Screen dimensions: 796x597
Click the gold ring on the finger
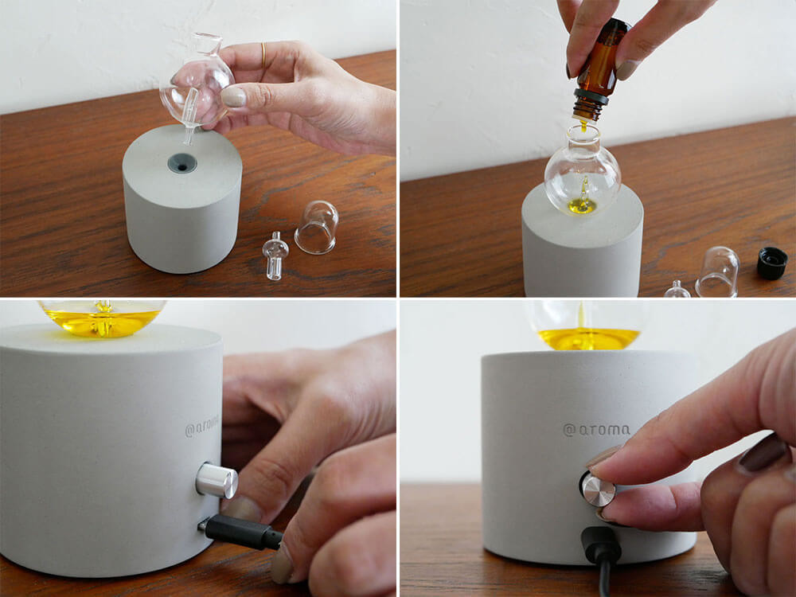coord(263,56)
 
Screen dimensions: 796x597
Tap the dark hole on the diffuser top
coord(182,163)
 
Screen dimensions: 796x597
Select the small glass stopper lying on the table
coord(275,256)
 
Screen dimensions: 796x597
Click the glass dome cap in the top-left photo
coord(316,227)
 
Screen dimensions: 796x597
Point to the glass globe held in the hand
coord(197,86)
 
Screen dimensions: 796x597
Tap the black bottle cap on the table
coord(771,263)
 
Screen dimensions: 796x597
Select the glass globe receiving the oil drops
coord(583,172)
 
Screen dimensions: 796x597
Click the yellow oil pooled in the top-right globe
coord(582,205)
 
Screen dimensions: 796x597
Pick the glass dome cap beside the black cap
coord(717,271)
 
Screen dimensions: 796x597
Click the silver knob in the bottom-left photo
coord(217,480)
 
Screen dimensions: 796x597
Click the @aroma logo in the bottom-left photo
coord(202,427)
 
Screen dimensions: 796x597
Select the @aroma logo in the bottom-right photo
coord(596,430)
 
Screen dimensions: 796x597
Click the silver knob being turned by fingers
coord(598,490)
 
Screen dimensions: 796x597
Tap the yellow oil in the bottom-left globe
coord(103,322)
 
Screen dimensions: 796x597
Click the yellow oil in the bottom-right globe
coord(588,338)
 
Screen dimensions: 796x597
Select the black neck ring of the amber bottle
coord(591,97)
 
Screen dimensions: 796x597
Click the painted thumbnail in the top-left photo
coord(233,96)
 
